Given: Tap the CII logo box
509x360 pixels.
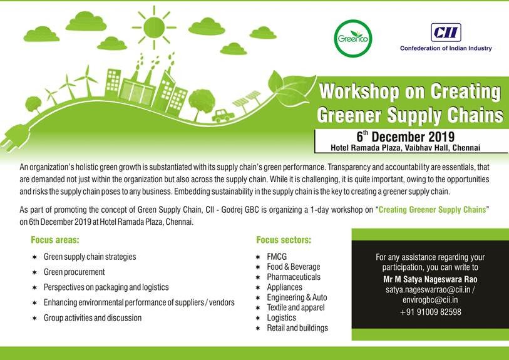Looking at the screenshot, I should (x=445, y=33).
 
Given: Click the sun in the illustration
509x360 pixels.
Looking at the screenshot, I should (x=153, y=27).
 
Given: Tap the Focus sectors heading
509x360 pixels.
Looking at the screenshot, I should (x=284, y=240).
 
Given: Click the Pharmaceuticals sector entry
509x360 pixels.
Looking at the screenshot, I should (x=293, y=277).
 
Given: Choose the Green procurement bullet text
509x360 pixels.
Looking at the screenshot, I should (x=74, y=272).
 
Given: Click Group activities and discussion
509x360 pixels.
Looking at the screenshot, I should (x=93, y=318).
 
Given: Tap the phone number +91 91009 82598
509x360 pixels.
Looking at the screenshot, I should (x=430, y=312).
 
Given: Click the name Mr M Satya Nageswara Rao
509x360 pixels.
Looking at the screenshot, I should (x=430, y=279).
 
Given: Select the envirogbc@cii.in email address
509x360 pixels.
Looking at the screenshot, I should (x=430, y=300).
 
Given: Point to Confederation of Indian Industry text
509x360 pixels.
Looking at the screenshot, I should (x=446, y=48).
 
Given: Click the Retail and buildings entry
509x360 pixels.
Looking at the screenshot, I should (x=297, y=327).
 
